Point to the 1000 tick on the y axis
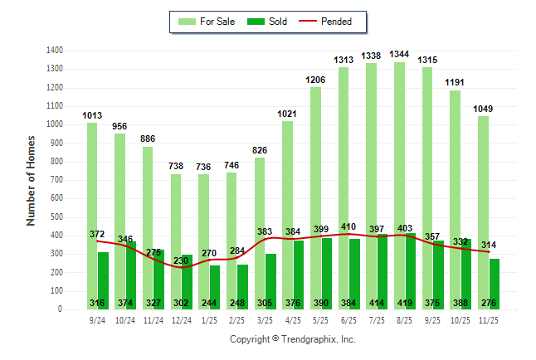[x=56, y=124]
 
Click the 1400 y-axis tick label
[x=56, y=50]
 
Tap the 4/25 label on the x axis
[x=293, y=319]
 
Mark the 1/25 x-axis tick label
[x=209, y=319]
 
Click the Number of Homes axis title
[x=32, y=180]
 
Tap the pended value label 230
[x=181, y=260]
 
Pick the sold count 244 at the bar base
[x=209, y=303]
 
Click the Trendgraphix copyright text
[x=292, y=339]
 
